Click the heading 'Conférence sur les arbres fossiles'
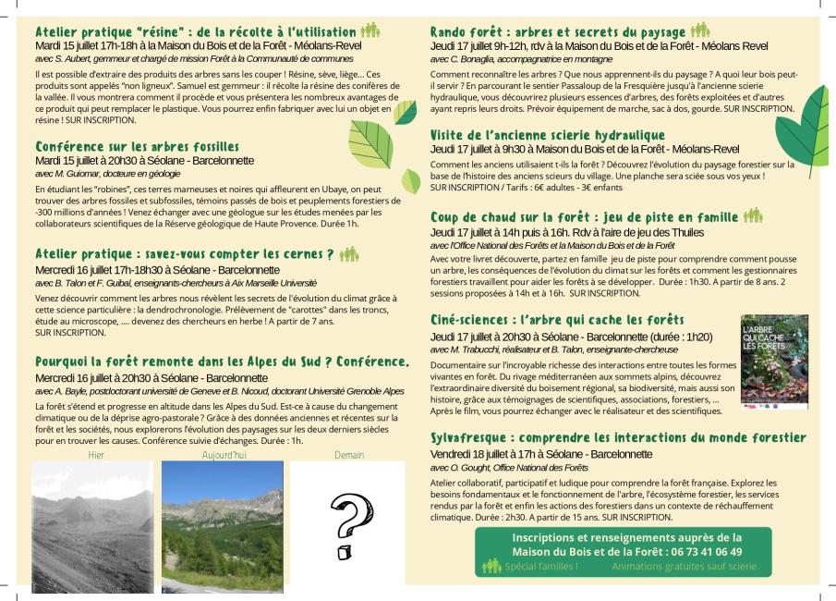click(138, 146)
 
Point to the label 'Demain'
click(348, 455)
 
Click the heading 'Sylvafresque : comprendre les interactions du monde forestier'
click(618, 437)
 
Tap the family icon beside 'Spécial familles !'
click(491, 566)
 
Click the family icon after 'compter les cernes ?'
click(348, 253)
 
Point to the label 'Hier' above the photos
click(96, 455)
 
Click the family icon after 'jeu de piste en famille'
click(753, 216)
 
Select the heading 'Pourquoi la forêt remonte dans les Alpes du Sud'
click(222, 361)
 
